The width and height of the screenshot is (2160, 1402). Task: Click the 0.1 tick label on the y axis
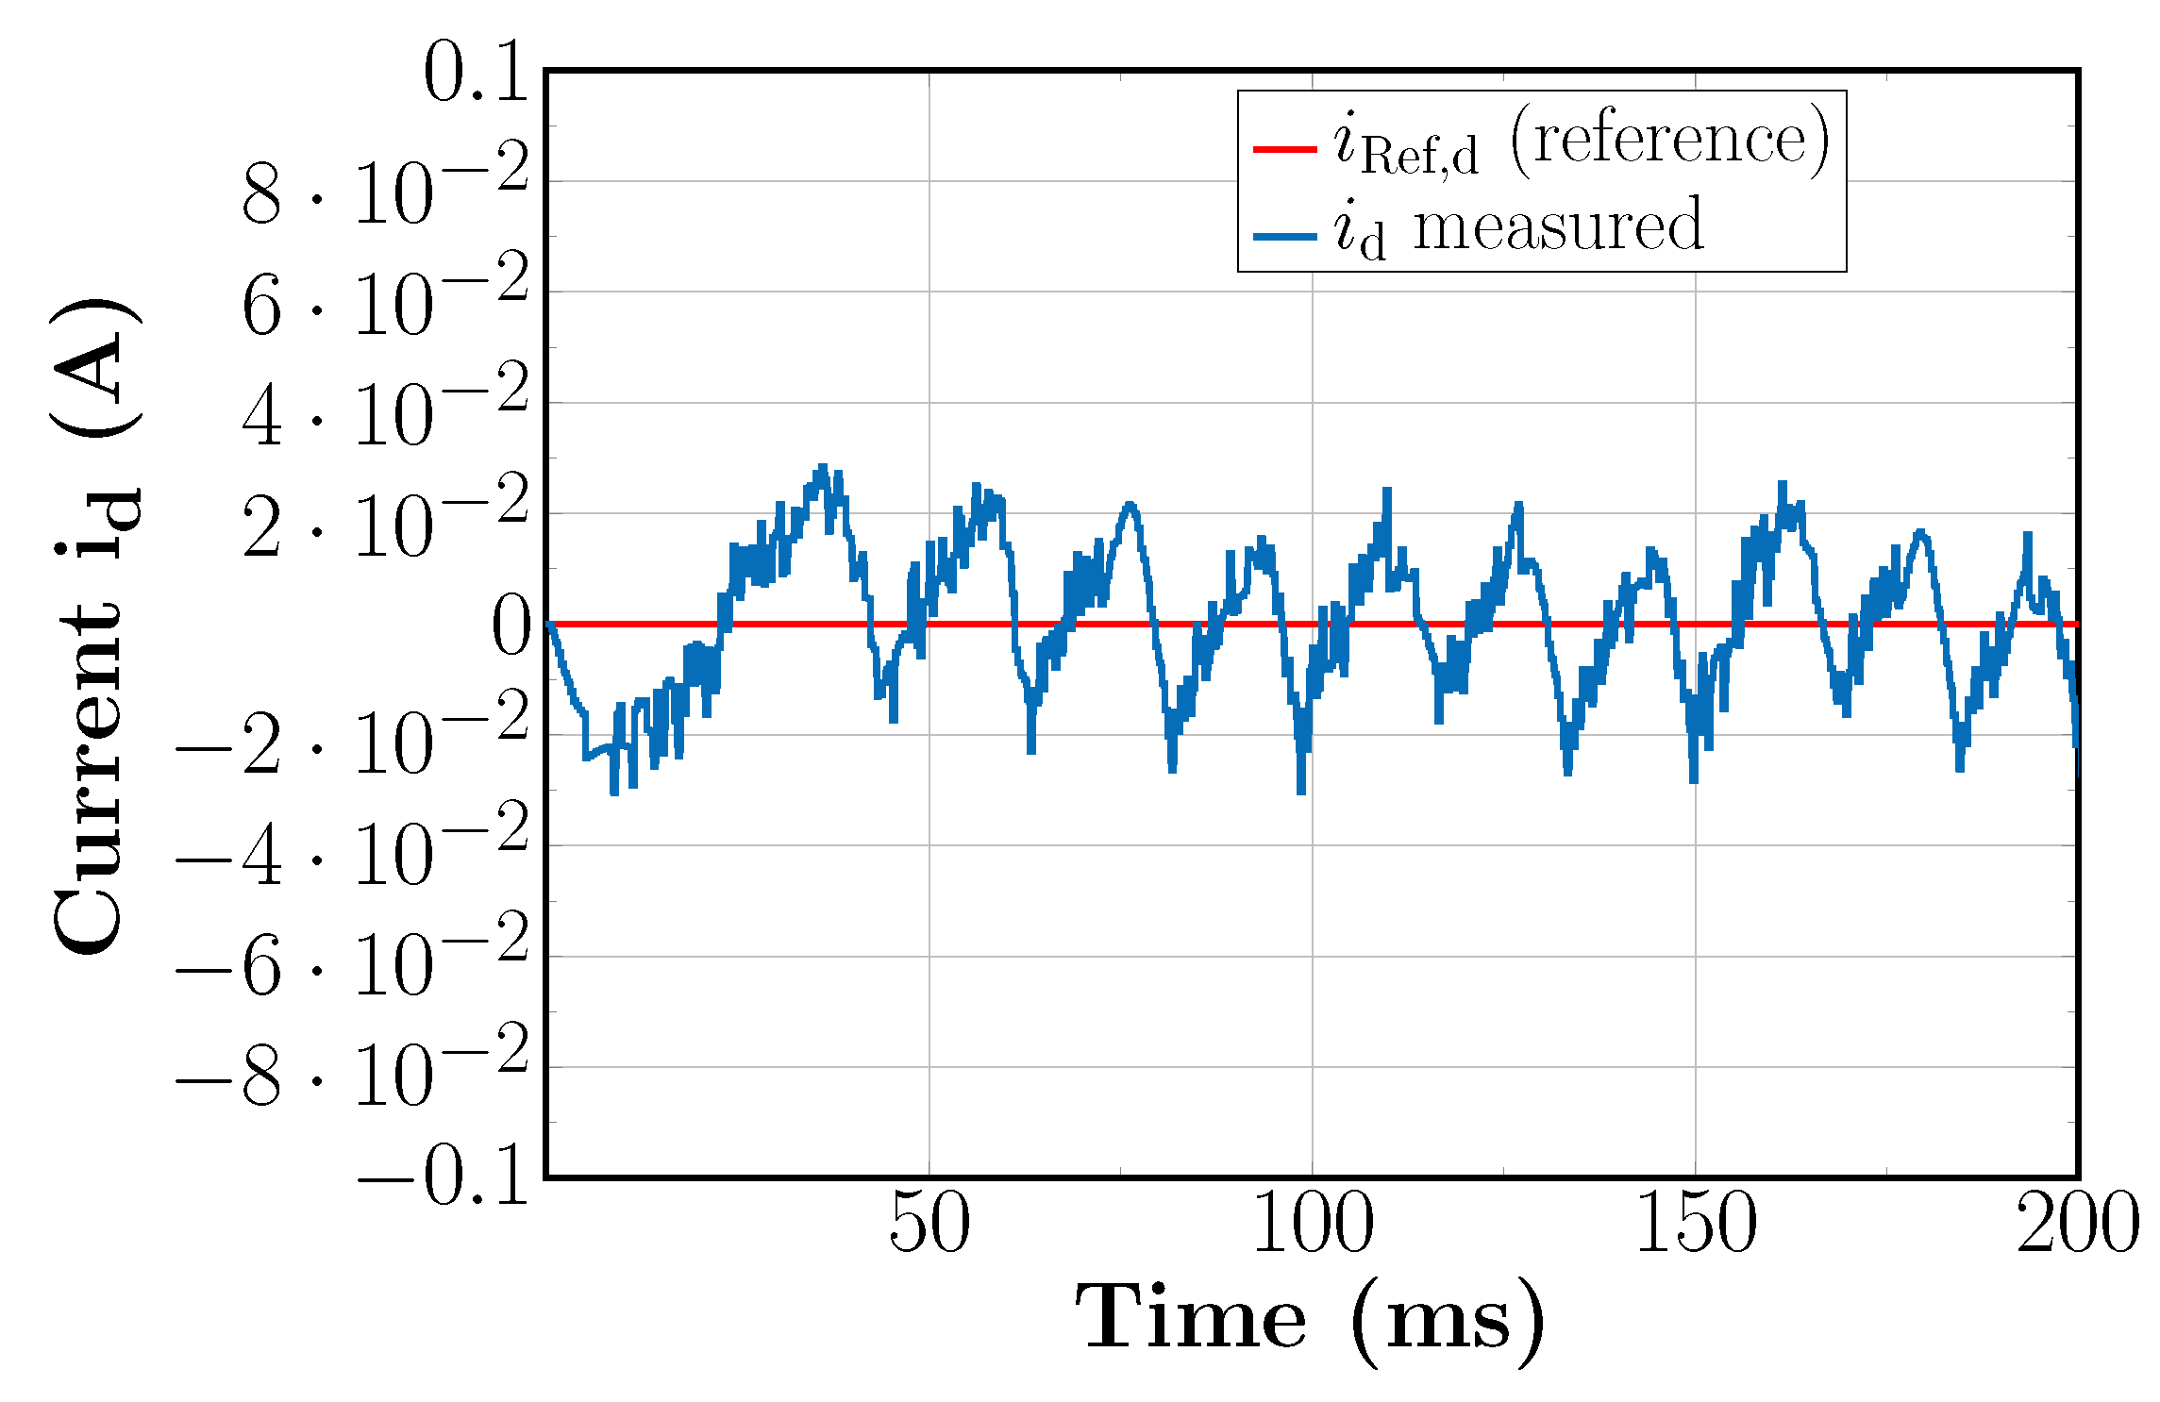coord(476,73)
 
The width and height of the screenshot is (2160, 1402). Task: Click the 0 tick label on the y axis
coord(511,626)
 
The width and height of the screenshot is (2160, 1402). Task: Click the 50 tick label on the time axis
coord(929,1223)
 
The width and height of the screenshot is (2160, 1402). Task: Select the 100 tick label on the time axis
coord(1313,1223)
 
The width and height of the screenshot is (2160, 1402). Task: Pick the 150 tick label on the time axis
coord(1696,1223)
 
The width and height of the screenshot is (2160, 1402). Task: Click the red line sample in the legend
coord(1284,149)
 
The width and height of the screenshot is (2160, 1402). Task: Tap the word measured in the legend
coord(1558,226)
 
